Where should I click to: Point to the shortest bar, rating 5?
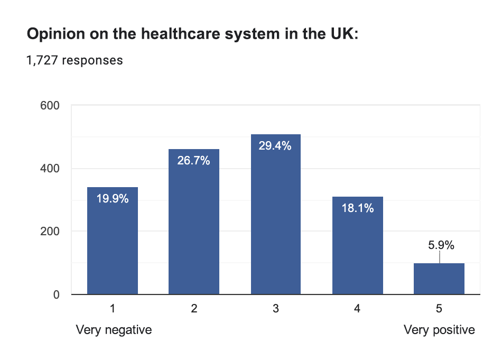point(439,279)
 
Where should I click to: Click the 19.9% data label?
point(113,199)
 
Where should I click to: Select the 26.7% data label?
point(194,161)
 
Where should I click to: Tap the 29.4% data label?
point(275,146)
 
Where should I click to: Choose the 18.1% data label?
point(357,208)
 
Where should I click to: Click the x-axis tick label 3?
point(275,309)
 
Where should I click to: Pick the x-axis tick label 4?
point(357,309)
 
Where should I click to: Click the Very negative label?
point(114,330)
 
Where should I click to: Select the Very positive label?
point(439,330)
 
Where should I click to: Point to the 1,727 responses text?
point(75,60)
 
